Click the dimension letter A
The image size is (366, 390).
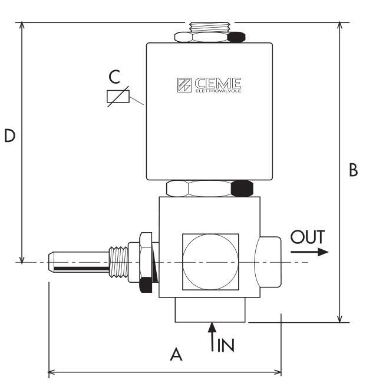[x=176, y=355]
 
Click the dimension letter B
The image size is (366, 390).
[x=353, y=170]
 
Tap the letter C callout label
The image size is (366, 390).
[x=114, y=77]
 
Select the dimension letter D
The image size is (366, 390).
[x=10, y=136]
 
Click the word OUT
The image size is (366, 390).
[x=308, y=237]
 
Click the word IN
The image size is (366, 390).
[x=226, y=345]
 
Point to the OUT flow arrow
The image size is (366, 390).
[x=309, y=252]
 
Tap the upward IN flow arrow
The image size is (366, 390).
[x=212, y=337]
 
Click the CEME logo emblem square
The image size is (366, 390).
[x=184, y=85]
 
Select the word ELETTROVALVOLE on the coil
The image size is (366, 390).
[x=218, y=91]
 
